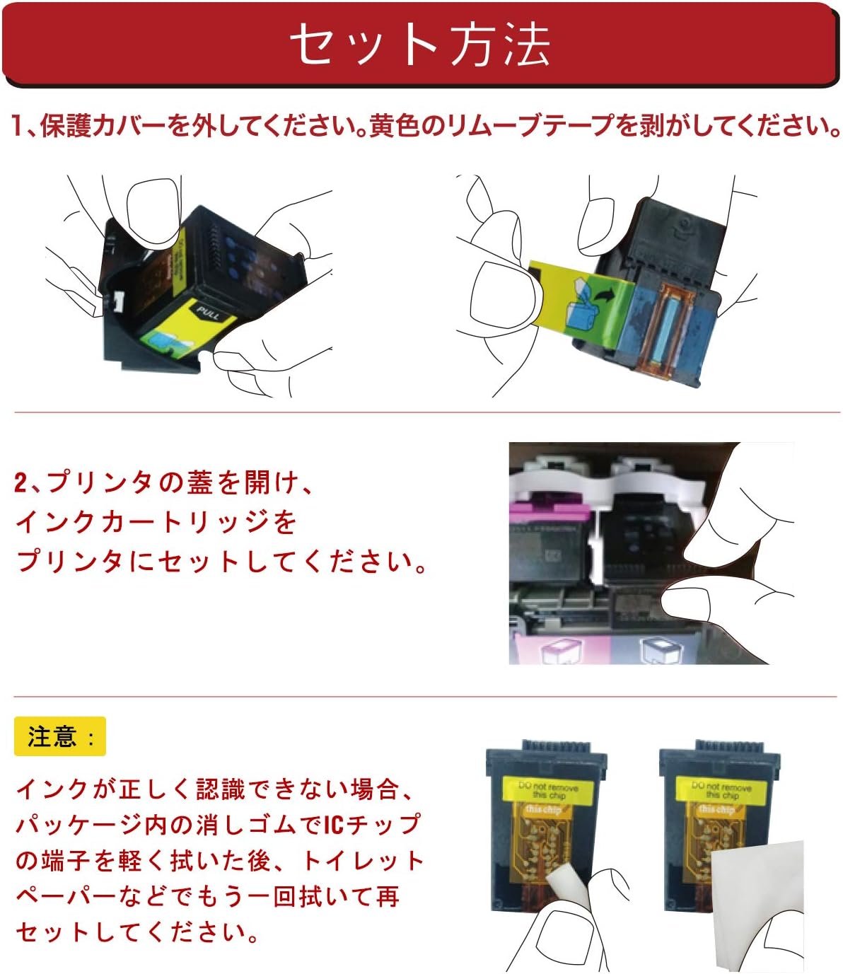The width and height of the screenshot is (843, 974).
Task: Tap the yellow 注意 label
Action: pos(59,736)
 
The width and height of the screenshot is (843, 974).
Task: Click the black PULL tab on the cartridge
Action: pos(208,313)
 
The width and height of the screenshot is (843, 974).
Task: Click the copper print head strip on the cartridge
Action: pos(668,330)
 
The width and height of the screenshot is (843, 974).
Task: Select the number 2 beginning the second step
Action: pos(21,483)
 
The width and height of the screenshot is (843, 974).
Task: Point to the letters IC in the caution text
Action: pos(334,824)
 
